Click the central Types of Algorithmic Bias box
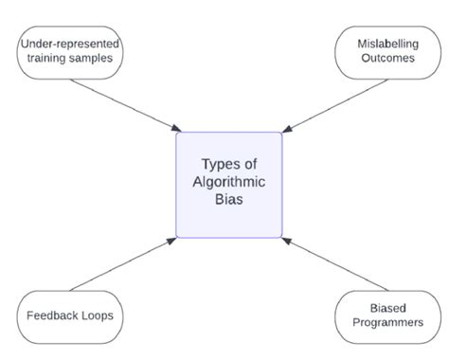coord(228,184)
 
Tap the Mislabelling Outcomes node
coord(390,53)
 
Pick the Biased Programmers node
coord(390,315)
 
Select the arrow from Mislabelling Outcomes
coord(332,103)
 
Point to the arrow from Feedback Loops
coord(123,264)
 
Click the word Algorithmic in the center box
coord(228,183)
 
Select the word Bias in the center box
coord(228,202)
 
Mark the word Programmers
coord(390,324)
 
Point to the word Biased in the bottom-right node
coord(390,307)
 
